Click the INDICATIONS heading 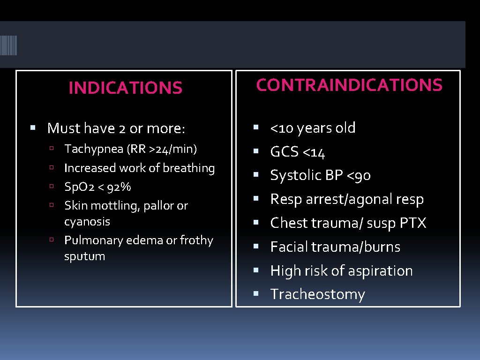pos(125,88)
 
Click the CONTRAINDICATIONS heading pos(349,85)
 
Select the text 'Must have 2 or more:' pos(116,127)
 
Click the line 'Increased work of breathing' pos(139,168)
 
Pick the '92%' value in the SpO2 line pos(118,187)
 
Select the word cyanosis pos(87,221)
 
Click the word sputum pos(84,256)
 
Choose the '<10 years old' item pos(313,127)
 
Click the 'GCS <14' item pos(298,152)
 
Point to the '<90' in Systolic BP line pos(359,175)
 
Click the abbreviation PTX pos(412,223)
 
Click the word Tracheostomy pos(317,294)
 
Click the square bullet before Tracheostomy pos(255,294)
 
